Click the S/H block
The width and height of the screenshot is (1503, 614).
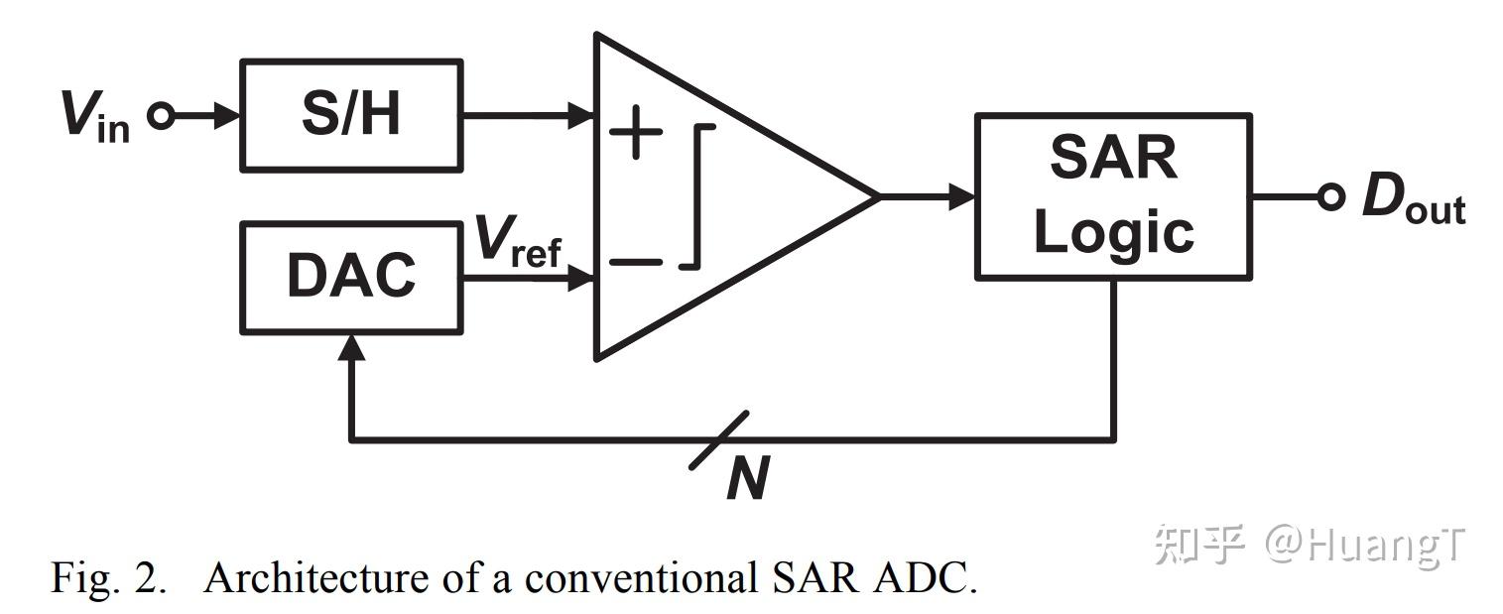pyautogui.click(x=351, y=115)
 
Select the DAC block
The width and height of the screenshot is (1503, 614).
pyautogui.click(x=351, y=277)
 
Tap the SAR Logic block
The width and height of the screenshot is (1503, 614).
pyautogui.click(x=1112, y=196)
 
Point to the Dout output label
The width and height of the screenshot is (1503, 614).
pyautogui.click(x=1412, y=198)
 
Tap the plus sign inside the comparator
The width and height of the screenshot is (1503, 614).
pyautogui.click(x=635, y=133)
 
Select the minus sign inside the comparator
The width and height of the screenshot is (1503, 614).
pyautogui.click(x=636, y=262)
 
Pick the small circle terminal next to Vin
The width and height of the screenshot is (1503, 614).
pyautogui.click(x=161, y=116)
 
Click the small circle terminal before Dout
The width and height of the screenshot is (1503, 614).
pyautogui.click(x=1331, y=196)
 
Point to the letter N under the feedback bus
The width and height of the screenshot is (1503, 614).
pyautogui.click(x=747, y=479)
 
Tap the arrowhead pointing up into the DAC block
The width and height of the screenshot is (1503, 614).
pyautogui.click(x=350, y=345)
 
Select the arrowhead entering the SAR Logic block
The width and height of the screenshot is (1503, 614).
pyautogui.click(x=963, y=196)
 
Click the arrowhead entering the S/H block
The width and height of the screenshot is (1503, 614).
pyautogui.click(x=229, y=116)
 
